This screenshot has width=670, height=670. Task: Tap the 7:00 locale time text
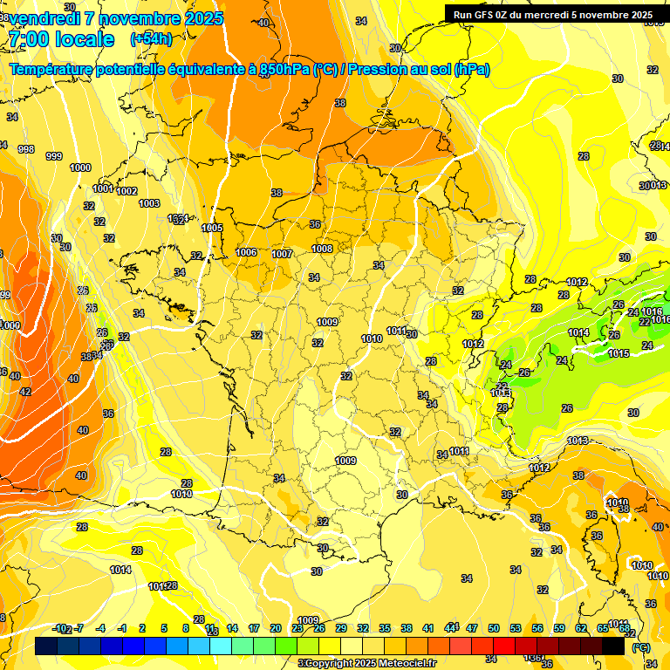[x=60, y=39]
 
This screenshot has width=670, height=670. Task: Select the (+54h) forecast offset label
[x=151, y=39]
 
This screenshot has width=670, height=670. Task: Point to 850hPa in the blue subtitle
[x=284, y=70]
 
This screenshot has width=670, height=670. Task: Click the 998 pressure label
[x=26, y=149]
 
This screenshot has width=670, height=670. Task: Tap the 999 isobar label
[x=54, y=156]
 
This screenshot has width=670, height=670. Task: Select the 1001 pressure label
[x=102, y=188]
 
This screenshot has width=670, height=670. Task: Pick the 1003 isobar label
[x=149, y=203]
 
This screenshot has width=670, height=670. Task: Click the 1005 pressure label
[x=212, y=228]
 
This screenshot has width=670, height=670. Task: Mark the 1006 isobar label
[x=246, y=252]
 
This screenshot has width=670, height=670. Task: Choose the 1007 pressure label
[x=282, y=254]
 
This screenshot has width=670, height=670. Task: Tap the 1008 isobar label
[x=322, y=249]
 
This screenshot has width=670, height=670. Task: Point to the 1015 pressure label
[x=619, y=353]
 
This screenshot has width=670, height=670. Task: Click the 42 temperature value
[x=25, y=392]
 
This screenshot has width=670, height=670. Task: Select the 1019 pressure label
[x=181, y=494]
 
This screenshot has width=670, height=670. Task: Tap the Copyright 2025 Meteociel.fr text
[x=367, y=663]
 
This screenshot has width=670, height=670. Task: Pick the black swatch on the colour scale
[x=613, y=646]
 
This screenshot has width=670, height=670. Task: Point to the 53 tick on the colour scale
[x=516, y=628]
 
